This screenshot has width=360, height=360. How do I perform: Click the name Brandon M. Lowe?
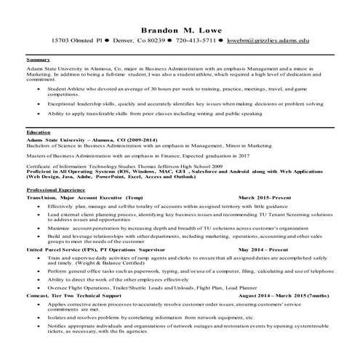(180, 28)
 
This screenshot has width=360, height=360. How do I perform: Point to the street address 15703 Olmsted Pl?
(76, 42)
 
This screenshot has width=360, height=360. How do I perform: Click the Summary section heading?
(38, 59)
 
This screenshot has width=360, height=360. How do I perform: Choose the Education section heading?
(39, 133)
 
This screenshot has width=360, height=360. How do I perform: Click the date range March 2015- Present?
(266, 198)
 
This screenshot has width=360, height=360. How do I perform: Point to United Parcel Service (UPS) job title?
(88, 249)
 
